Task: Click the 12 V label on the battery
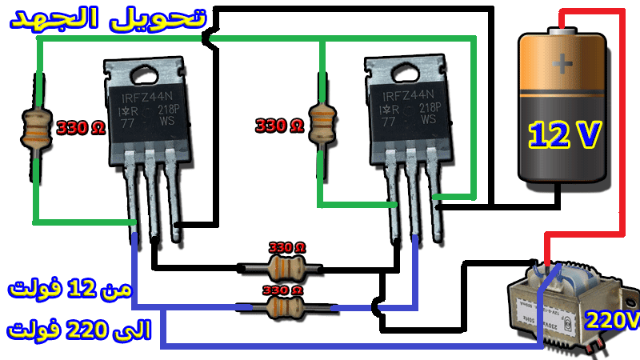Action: coord(565,134)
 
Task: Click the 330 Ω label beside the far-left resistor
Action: coord(81,126)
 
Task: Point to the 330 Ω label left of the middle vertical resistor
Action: coord(279,126)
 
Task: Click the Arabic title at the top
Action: coord(107,19)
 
